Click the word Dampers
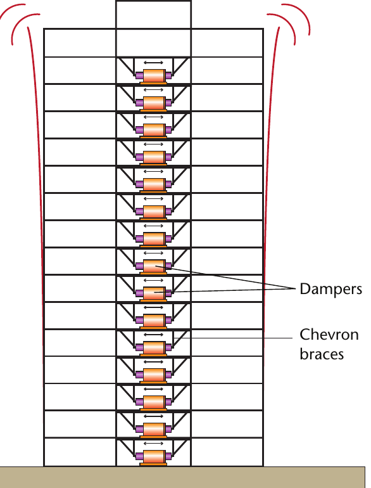[x=330, y=289]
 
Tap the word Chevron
[x=329, y=335]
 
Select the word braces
[x=322, y=354]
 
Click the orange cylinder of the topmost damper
[x=154, y=75]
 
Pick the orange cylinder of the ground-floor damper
[x=154, y=456]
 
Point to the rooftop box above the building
[x=153, y=15]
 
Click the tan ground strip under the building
[x=182, y=477]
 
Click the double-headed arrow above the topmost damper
[x=153, y=63]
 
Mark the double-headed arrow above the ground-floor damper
[x=153, y=443]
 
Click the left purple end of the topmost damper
[x=139, y=75]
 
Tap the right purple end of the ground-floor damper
[x=168, y=456]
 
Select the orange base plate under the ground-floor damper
[x=153, y=465]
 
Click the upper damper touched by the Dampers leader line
[x=154, y=266]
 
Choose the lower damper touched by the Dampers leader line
[x=154, y=293]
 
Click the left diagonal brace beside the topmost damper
[x=127, y=67]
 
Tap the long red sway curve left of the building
[x=35, y=205]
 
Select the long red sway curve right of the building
[x=270, y=205]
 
